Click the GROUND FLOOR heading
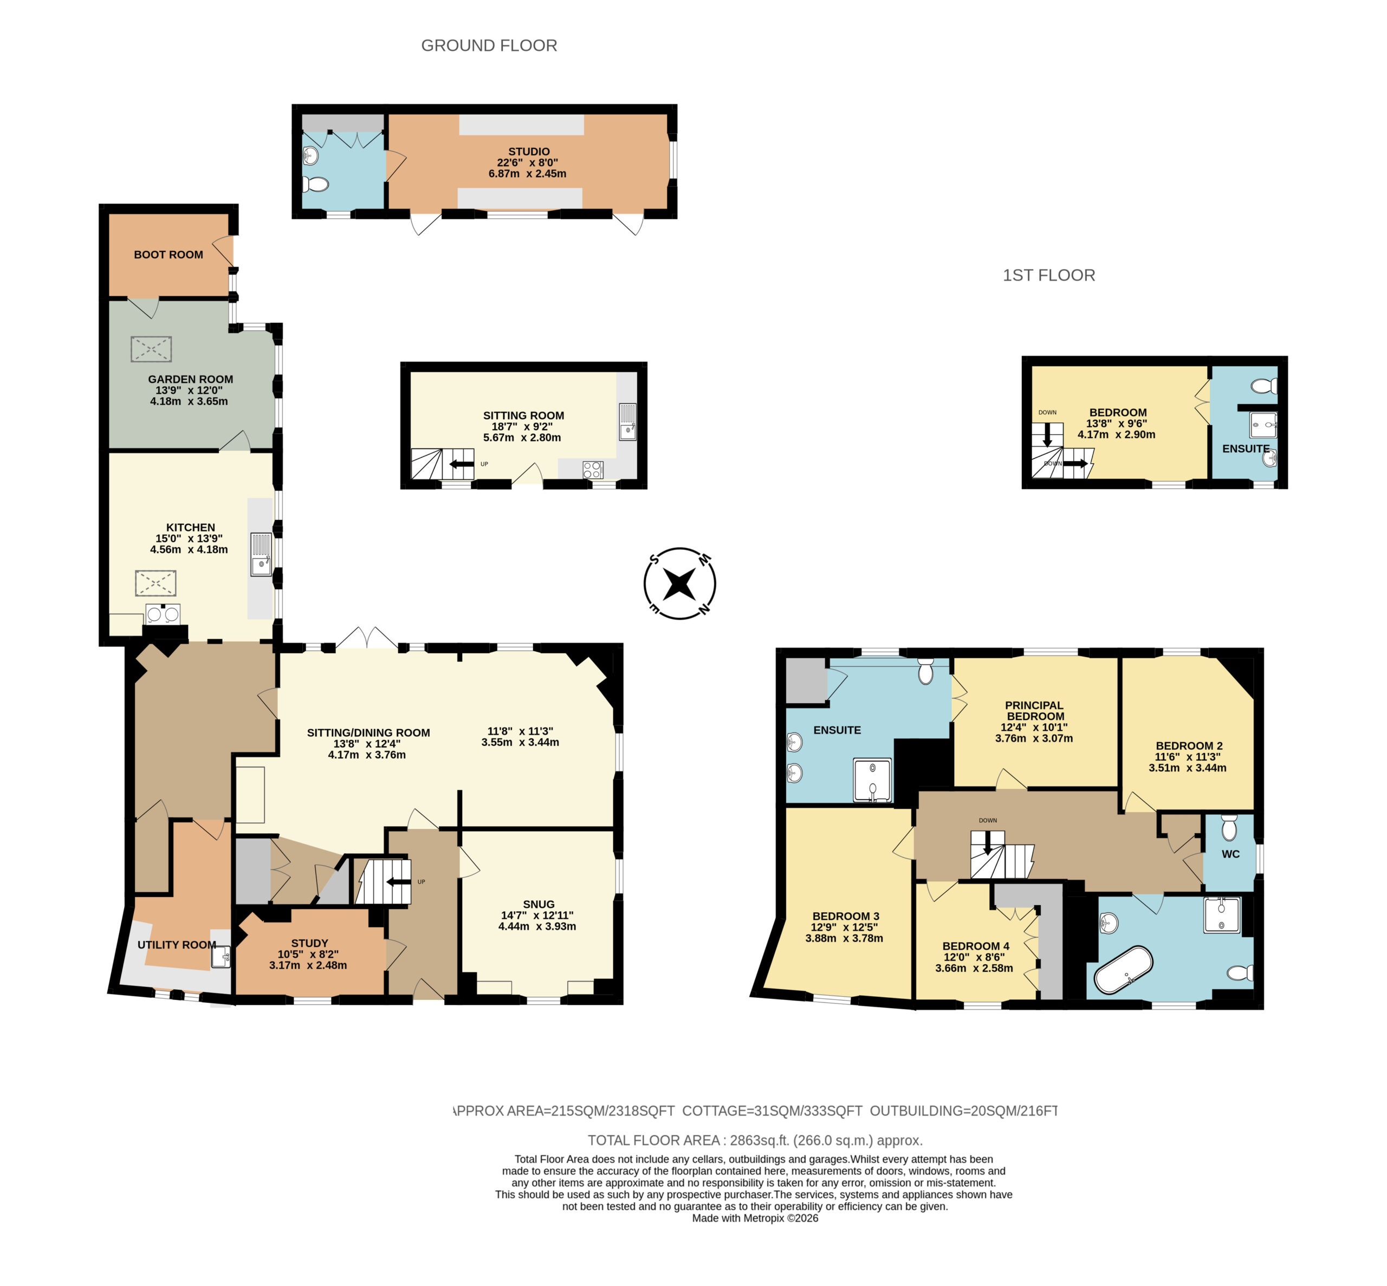(x=489, y=46)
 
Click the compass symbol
(x=679, y=583)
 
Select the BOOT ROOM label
(x=168, y=255)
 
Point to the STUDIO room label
(x=529, y=152)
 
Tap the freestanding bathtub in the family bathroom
(x=1123, y=969)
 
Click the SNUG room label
(x=539, y=904)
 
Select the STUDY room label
(x=310, y=943)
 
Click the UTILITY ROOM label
(x=177, y=944)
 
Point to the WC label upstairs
(x=1230, y=854)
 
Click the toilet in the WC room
(x=1229, y=827)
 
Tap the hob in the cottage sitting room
(x=592, y=470)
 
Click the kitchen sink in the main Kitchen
(x=262, y=554)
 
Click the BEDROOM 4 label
(x=975, y=946)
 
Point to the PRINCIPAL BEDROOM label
(x=1034, y=711)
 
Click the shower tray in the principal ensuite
(x=872, y=780)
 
